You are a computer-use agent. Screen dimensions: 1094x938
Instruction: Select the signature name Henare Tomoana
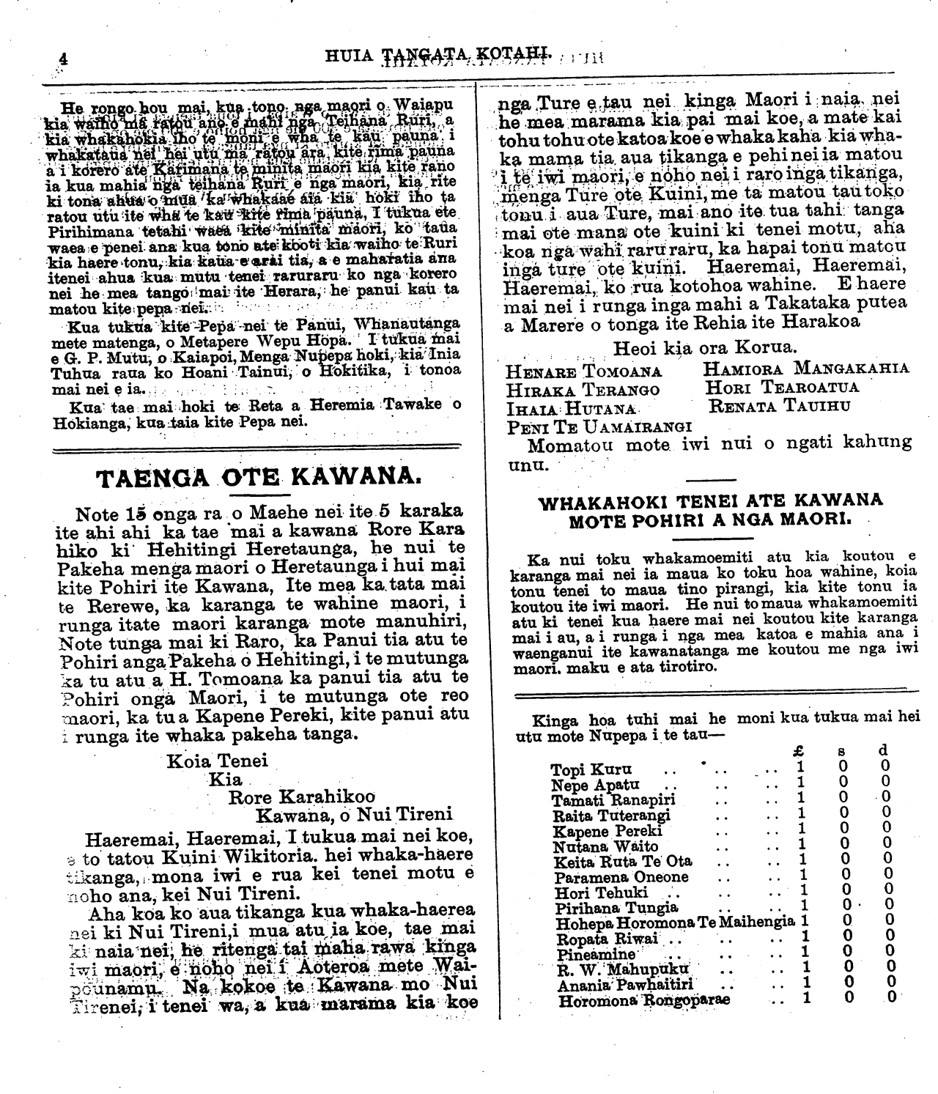coord(583,371)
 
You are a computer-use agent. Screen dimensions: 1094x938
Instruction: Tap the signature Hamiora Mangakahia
coord(806,368)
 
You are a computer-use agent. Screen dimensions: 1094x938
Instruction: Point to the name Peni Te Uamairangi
coord(599,427)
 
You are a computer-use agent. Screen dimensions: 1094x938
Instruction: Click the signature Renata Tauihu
coord(779,406)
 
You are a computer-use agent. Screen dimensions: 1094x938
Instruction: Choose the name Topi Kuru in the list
coord(587,769)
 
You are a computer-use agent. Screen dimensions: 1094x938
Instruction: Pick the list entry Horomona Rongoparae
coord(644,1000)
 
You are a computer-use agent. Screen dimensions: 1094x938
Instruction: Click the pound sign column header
coord(800,750)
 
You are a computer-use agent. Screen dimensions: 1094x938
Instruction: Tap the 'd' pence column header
coord(883,750)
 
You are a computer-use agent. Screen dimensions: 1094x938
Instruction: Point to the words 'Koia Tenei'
coord(218,760)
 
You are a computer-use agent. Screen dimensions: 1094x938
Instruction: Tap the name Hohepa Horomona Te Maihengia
coord(675,923)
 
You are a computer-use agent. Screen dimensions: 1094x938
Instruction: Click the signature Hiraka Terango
coord(583,390)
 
